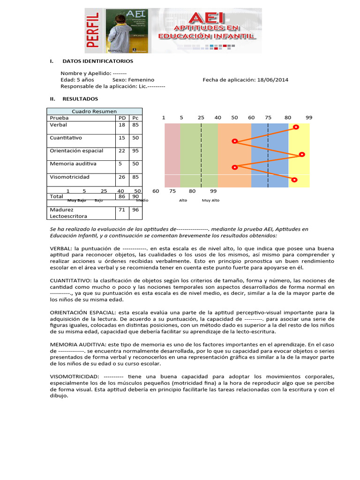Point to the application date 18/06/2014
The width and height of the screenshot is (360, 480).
[273, 80]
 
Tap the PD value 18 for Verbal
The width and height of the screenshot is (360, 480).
[122, 125]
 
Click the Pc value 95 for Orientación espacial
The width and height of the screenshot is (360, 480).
[135, 151]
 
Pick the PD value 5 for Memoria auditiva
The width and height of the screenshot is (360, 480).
[120, 164]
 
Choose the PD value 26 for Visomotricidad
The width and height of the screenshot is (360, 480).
[122, 177]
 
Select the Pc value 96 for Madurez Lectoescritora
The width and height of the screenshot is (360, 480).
[135, 210]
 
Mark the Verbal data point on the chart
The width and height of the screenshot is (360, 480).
[296, 127]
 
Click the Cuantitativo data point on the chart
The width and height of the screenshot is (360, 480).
[235, 141]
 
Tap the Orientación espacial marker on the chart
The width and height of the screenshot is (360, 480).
[302, 154]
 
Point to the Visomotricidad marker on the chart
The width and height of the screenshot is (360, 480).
[294, 180]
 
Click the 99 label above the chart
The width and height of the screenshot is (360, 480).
[309, 118]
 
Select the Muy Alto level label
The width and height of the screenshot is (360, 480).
[210, 200]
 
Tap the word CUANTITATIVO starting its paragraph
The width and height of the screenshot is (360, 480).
[70, 281]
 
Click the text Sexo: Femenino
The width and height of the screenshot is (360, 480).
[133, 80]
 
